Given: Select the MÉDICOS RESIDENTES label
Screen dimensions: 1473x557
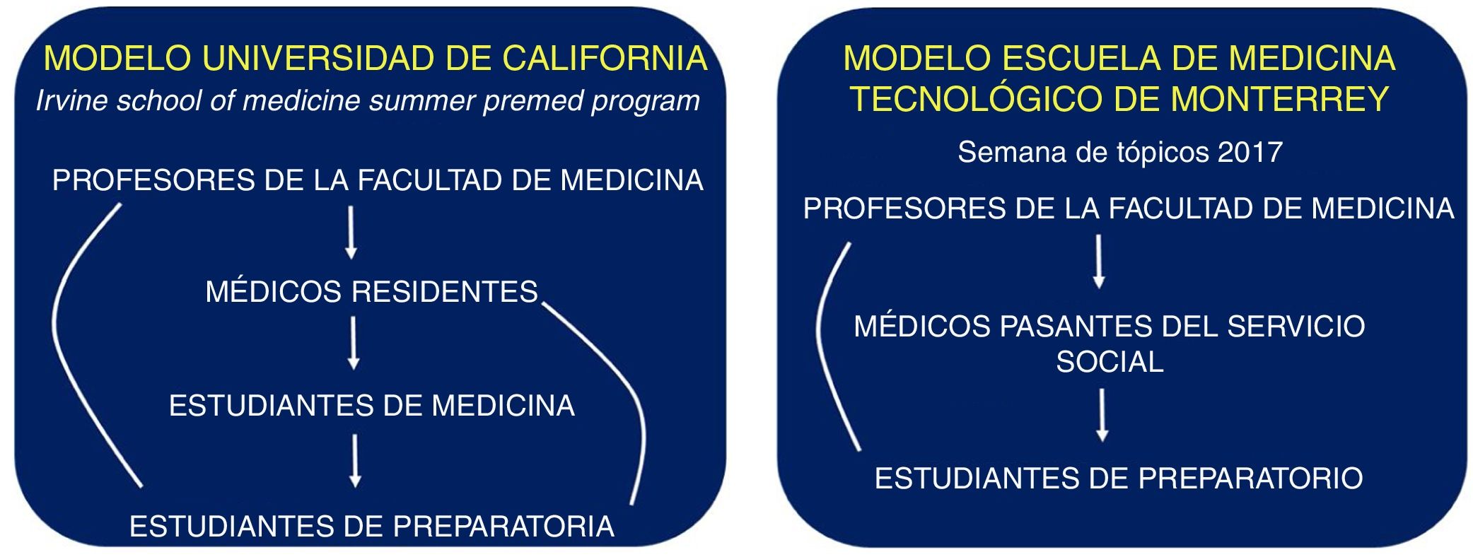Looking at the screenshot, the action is (372, 291).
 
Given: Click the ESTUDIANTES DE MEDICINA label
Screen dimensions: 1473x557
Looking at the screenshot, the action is (372, 406).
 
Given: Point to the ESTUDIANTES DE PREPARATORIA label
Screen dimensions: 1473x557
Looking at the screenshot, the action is (372, 527).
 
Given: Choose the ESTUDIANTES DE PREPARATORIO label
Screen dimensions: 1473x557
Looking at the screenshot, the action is (1119, 479).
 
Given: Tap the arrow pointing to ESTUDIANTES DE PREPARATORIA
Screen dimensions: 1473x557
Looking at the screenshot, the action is (355, 461).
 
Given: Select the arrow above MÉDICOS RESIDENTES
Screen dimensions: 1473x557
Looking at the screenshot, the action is (351, 233).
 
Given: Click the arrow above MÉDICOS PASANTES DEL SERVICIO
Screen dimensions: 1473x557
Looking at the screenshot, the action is (1099, 262).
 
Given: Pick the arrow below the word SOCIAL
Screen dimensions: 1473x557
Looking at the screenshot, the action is (1102, 416).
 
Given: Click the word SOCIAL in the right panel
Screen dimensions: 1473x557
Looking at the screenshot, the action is (1110, 362).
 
